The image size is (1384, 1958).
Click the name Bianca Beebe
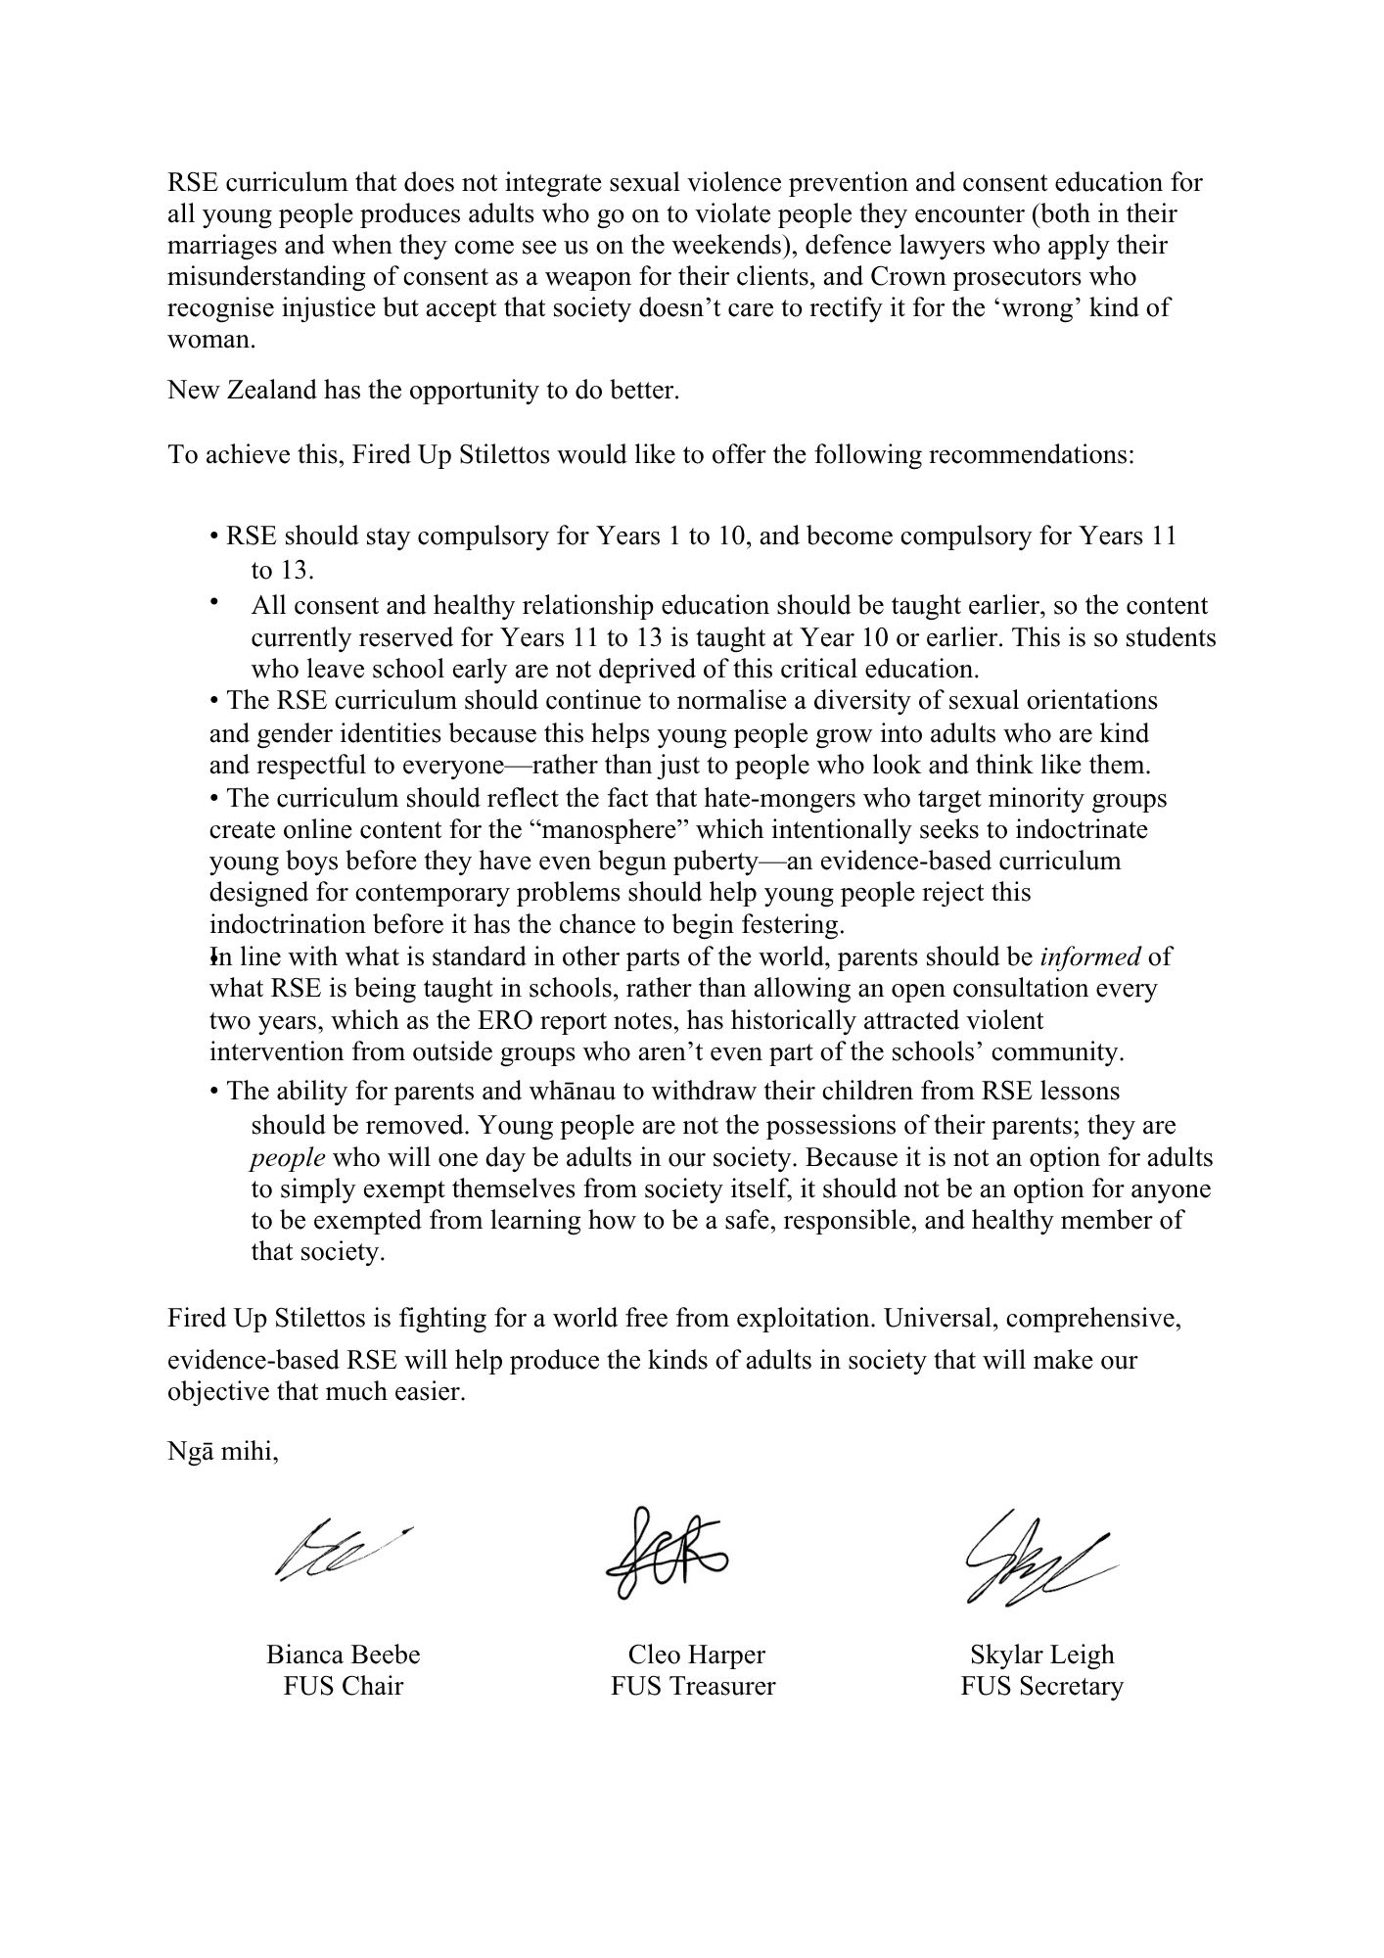[343, 1655]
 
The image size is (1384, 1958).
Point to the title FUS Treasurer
[693, 1686]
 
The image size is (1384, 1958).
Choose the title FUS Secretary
[1041, 1686]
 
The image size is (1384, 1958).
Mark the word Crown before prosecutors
[875, 277]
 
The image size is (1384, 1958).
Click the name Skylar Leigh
[1041, 1655]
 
